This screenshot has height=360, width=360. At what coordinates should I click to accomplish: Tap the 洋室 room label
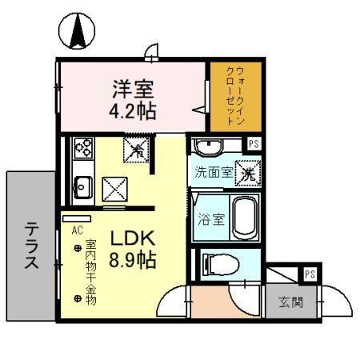(132, 86)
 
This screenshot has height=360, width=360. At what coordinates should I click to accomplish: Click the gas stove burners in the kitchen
(83, 147)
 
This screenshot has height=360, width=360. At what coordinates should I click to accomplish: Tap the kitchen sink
(82, 187)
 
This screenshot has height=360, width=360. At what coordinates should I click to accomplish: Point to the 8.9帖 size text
(133, 259)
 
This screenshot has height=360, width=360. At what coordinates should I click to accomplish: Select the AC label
(77, 229)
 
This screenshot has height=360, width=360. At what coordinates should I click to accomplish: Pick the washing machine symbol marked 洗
(249, 171)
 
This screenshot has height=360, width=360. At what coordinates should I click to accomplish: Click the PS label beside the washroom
(253, 145)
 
